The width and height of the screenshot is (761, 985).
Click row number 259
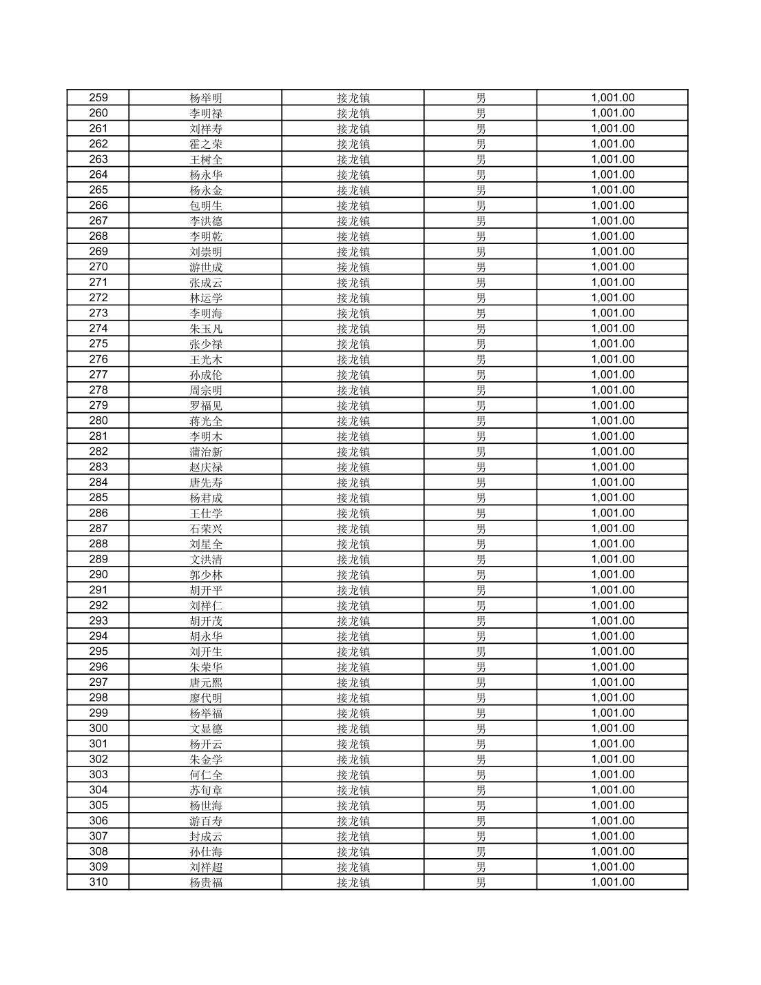point(98,98)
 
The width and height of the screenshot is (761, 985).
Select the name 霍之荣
point(206,144)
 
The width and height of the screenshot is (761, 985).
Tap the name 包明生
point(206,205)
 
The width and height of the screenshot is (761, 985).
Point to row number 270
point(98,267)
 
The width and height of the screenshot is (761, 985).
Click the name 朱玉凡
point(206,329)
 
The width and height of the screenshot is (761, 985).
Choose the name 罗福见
point(206,405)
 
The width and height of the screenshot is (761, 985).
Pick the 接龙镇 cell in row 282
point(353,451)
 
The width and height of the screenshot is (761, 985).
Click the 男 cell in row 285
point(481,498)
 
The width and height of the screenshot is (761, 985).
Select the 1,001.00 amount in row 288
point(612,544)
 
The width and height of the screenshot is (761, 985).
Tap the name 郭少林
point(206,575)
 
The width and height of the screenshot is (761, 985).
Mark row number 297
point(98,682)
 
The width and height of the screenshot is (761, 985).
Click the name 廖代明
point(206,698)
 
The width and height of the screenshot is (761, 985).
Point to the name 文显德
point(206,729)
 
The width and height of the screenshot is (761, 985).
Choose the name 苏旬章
point(206,790)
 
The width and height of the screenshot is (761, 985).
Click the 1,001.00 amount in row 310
point(612,882)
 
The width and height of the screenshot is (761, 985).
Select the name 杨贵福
point(206,882)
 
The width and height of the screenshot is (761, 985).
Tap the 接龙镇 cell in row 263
point(353,159)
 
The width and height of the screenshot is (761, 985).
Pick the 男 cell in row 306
point(481,821)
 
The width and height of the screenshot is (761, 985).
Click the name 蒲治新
point(206,451)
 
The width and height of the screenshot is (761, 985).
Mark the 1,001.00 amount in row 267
point(612,221)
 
